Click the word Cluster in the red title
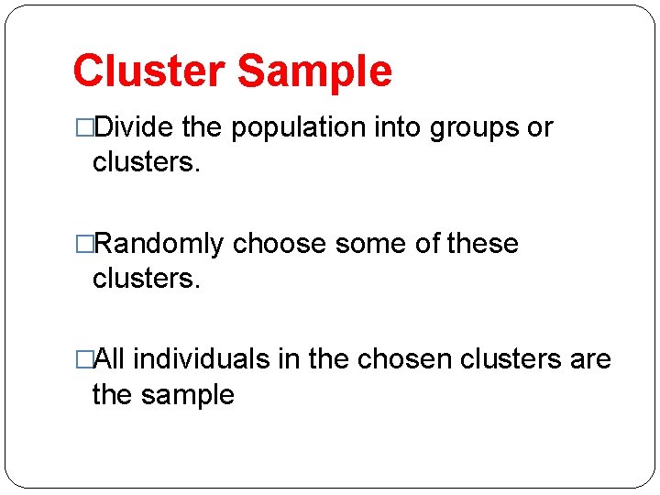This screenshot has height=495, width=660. [148, 71]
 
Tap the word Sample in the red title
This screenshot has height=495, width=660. [314, 71]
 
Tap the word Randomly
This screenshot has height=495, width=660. [159, 245]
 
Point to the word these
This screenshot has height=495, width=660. [482, 245]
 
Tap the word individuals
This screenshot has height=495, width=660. [202, 360]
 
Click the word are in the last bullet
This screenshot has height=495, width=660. [589, 360]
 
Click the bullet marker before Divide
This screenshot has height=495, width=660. [84, 128]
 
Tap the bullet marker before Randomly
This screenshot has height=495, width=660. [84, 245]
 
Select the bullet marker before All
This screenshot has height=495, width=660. [84, 360]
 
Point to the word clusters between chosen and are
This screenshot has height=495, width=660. [505, 360]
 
